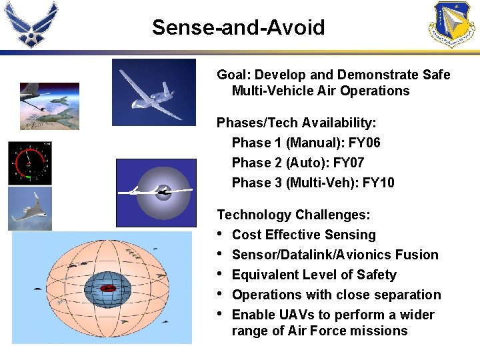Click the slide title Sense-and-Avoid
pyautogui.click(x=238, y=27)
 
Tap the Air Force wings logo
pyautogui.click(x=31, y=24)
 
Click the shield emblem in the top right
pyautogui.click(x=451, y=24)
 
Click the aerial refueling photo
pyautogui.click(x=49, y=106)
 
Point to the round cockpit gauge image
pyautogui.click(x=29, y=163)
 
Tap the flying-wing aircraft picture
pyautogui.click(x=29, y=209)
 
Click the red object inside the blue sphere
pyautogui.click(x=107, y=289)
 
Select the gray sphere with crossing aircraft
pyautogui.click(x=156, y=193)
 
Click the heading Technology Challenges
pyautogui.click(x=294, y=215)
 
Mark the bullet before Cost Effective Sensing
pyautogui.click(x=221, y=235)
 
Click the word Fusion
pyautogui.click(x=417, y=255)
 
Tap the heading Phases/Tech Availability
pyautogui.click(x=297, y=123)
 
